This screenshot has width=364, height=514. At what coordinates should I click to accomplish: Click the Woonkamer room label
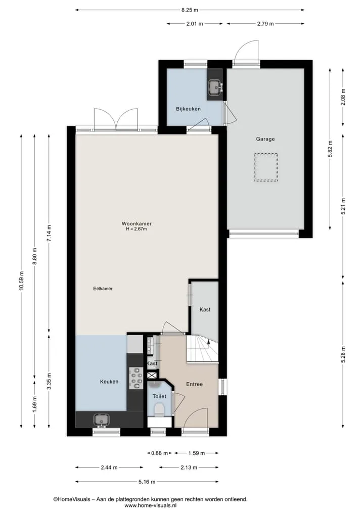136,224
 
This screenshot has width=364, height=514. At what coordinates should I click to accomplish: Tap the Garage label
265,139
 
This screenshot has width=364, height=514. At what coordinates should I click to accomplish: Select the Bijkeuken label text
188,109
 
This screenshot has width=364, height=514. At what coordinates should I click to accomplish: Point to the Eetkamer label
103,289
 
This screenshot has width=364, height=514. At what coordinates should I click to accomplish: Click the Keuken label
109,382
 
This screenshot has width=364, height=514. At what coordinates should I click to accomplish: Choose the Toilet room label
159,396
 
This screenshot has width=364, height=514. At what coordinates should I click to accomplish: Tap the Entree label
195,384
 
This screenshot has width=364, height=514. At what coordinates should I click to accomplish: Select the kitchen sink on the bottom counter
101,420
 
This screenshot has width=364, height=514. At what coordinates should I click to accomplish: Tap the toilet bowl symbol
159,410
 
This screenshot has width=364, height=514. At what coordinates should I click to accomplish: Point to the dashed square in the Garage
266,167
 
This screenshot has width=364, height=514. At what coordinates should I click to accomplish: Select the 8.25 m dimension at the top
190,10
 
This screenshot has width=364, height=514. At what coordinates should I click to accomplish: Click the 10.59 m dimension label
21,281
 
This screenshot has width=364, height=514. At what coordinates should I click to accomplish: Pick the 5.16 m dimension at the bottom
147,482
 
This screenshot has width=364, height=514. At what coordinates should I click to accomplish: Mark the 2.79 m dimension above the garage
265,24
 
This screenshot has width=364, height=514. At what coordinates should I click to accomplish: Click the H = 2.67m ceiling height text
136,229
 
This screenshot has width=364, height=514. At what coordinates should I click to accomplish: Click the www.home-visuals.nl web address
151,505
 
